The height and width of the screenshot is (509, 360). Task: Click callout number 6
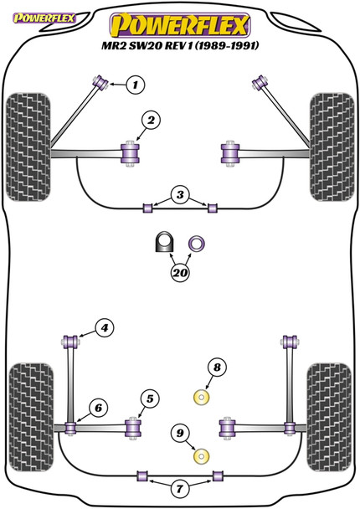(98, 408)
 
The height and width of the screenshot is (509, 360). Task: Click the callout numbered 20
(179, 272)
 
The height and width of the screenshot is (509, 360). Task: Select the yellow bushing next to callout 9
(201, 457)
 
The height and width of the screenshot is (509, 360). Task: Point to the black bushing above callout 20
(162, 243)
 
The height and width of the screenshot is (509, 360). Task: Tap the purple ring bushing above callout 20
(198, 243)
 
